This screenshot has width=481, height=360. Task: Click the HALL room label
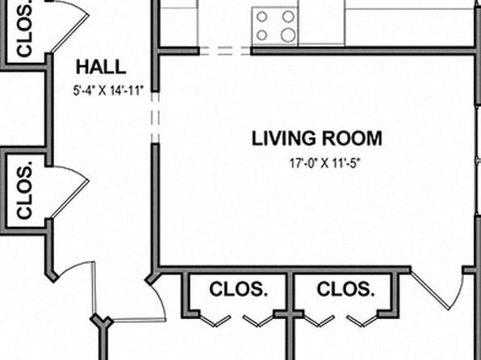point(101,67)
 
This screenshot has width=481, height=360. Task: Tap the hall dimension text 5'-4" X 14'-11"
point(109,90)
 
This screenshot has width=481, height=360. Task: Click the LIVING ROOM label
point(317,138)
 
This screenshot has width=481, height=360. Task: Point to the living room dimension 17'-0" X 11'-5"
point(324,163)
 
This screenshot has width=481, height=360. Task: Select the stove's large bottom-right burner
point(288,35)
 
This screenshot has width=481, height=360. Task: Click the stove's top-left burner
point(261,17)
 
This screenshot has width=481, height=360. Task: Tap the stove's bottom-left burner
point(261,35)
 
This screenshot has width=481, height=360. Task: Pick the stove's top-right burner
point(288,17)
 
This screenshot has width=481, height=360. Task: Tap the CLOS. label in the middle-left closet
point(24,194)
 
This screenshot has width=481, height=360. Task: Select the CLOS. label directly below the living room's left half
point(238,289)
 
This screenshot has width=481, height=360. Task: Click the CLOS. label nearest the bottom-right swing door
point(345,289)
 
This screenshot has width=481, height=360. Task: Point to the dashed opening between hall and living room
point(156,118)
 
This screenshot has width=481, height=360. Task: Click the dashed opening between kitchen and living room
point(225,51)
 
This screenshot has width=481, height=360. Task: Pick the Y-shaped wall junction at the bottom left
point(102,321)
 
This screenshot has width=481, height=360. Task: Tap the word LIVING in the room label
point(283,138)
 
